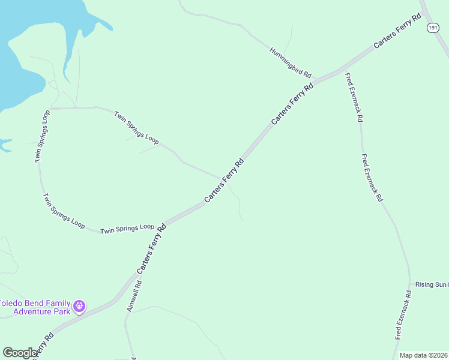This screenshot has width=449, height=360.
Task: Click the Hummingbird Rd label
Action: [x=291, y=62]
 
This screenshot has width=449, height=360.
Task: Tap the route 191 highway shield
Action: [x=433, y=28]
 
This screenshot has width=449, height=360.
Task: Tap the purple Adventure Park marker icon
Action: [x=79, y=307]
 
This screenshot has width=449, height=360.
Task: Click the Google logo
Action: [x=20, y=353]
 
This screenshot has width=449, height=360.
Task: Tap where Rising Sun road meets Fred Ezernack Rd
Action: [x=410, y=284]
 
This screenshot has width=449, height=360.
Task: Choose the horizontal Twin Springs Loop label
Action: [x=127, y=229]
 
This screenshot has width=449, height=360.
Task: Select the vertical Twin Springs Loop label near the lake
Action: [x=41, y=136]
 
